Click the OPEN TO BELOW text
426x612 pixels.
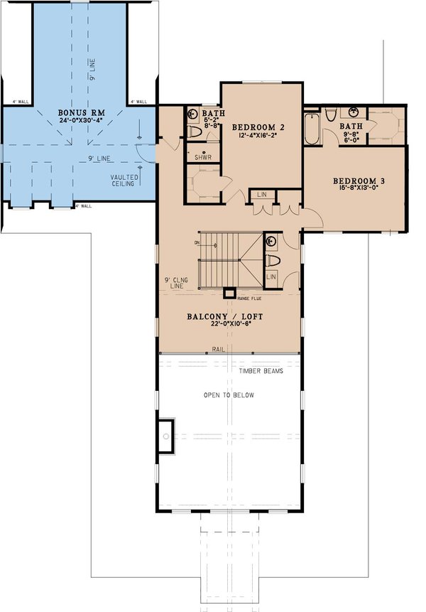point(229,395)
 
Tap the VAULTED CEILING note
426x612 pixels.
point(124,181)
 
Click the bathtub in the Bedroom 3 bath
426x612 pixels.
point(311,129)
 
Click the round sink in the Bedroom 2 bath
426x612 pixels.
point(192,114)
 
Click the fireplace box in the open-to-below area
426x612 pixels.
point(165,435)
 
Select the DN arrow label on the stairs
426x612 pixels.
point(196,243)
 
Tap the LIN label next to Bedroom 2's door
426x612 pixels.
point(262,194)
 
